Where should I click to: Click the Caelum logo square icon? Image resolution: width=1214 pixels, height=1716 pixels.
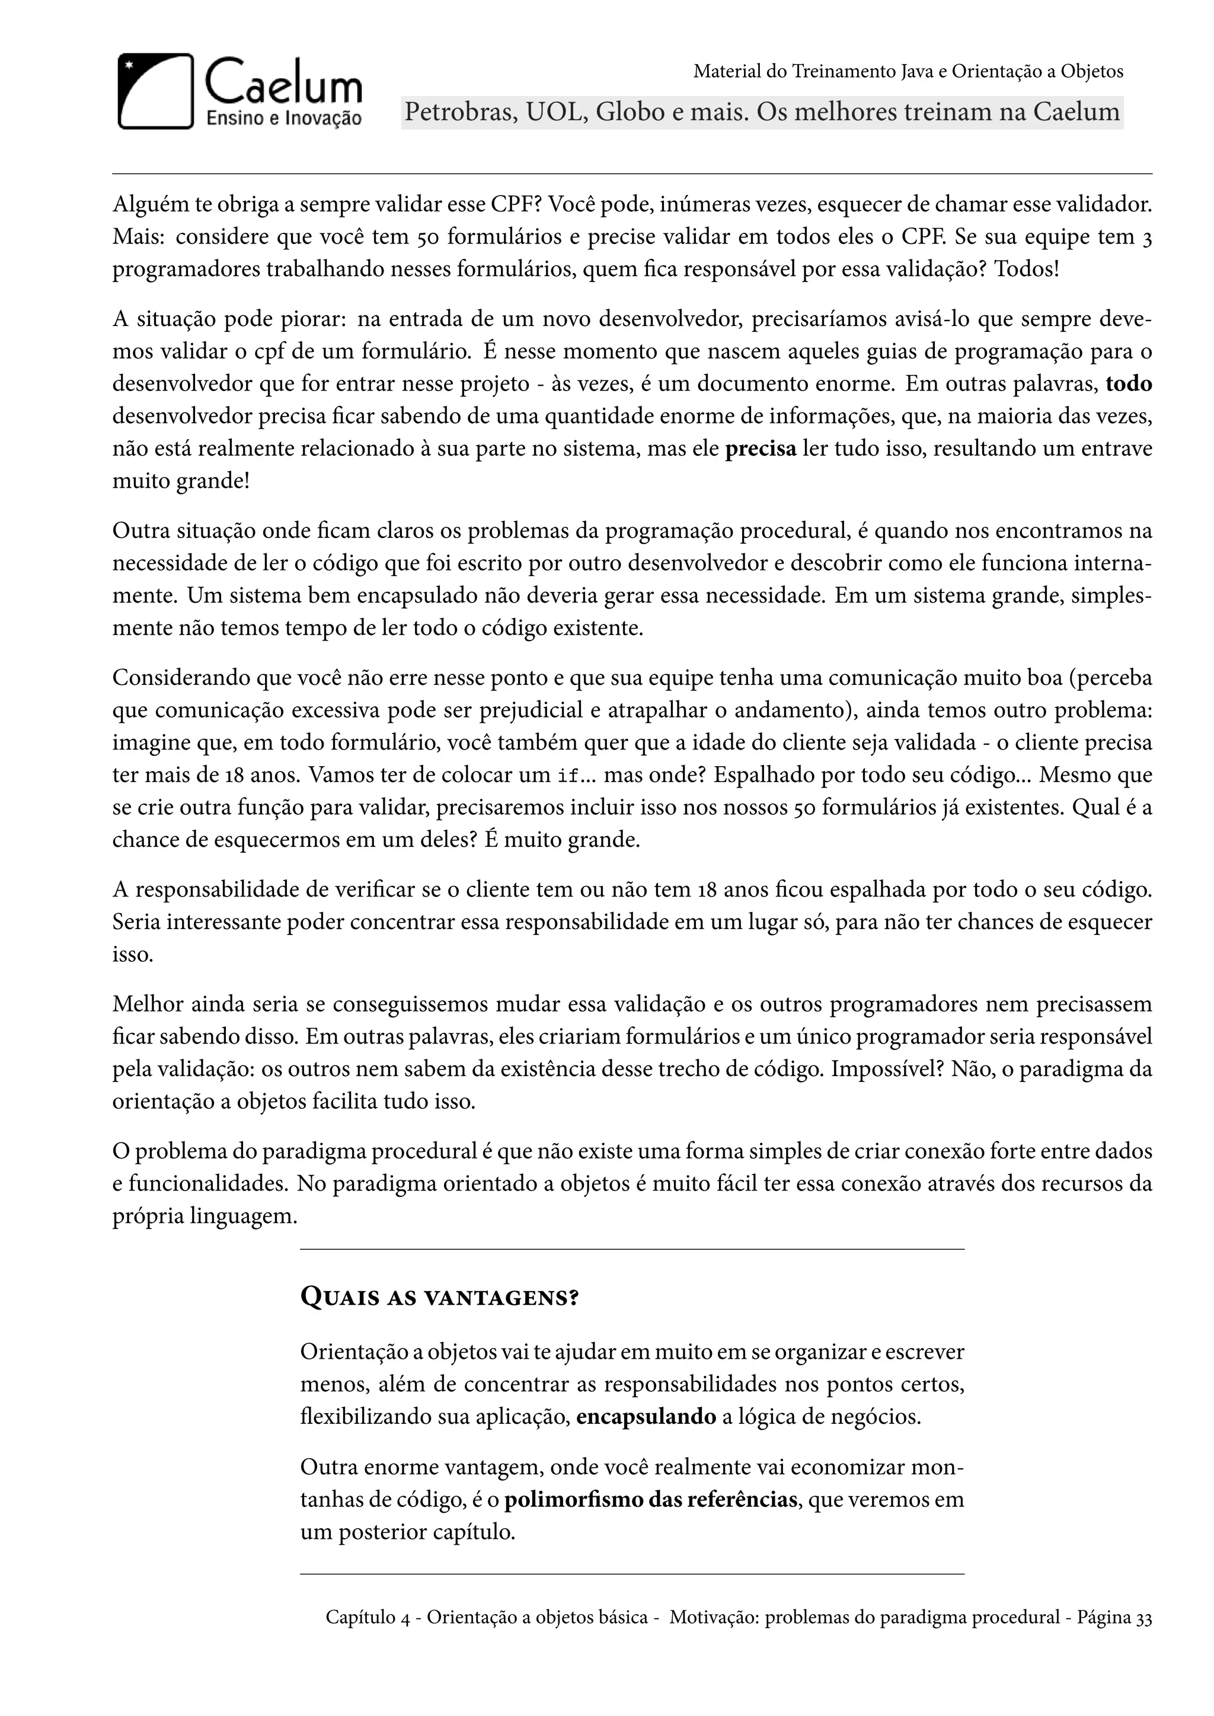point(155,91)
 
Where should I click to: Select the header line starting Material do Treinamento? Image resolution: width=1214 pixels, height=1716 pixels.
point(908,72)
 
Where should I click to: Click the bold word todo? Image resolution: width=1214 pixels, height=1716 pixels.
point(1128,384)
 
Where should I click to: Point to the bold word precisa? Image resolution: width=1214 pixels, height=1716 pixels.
point(761,449)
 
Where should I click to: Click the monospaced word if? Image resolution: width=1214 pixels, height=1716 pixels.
point(567,776)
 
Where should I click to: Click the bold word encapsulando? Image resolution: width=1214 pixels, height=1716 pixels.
point(646,1417)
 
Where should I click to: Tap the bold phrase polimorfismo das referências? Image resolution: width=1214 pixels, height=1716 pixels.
point(650,1499)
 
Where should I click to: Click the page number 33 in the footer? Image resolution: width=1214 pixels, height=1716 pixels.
point(1143,1618)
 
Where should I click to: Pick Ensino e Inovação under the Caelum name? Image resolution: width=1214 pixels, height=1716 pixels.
point(283,118)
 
